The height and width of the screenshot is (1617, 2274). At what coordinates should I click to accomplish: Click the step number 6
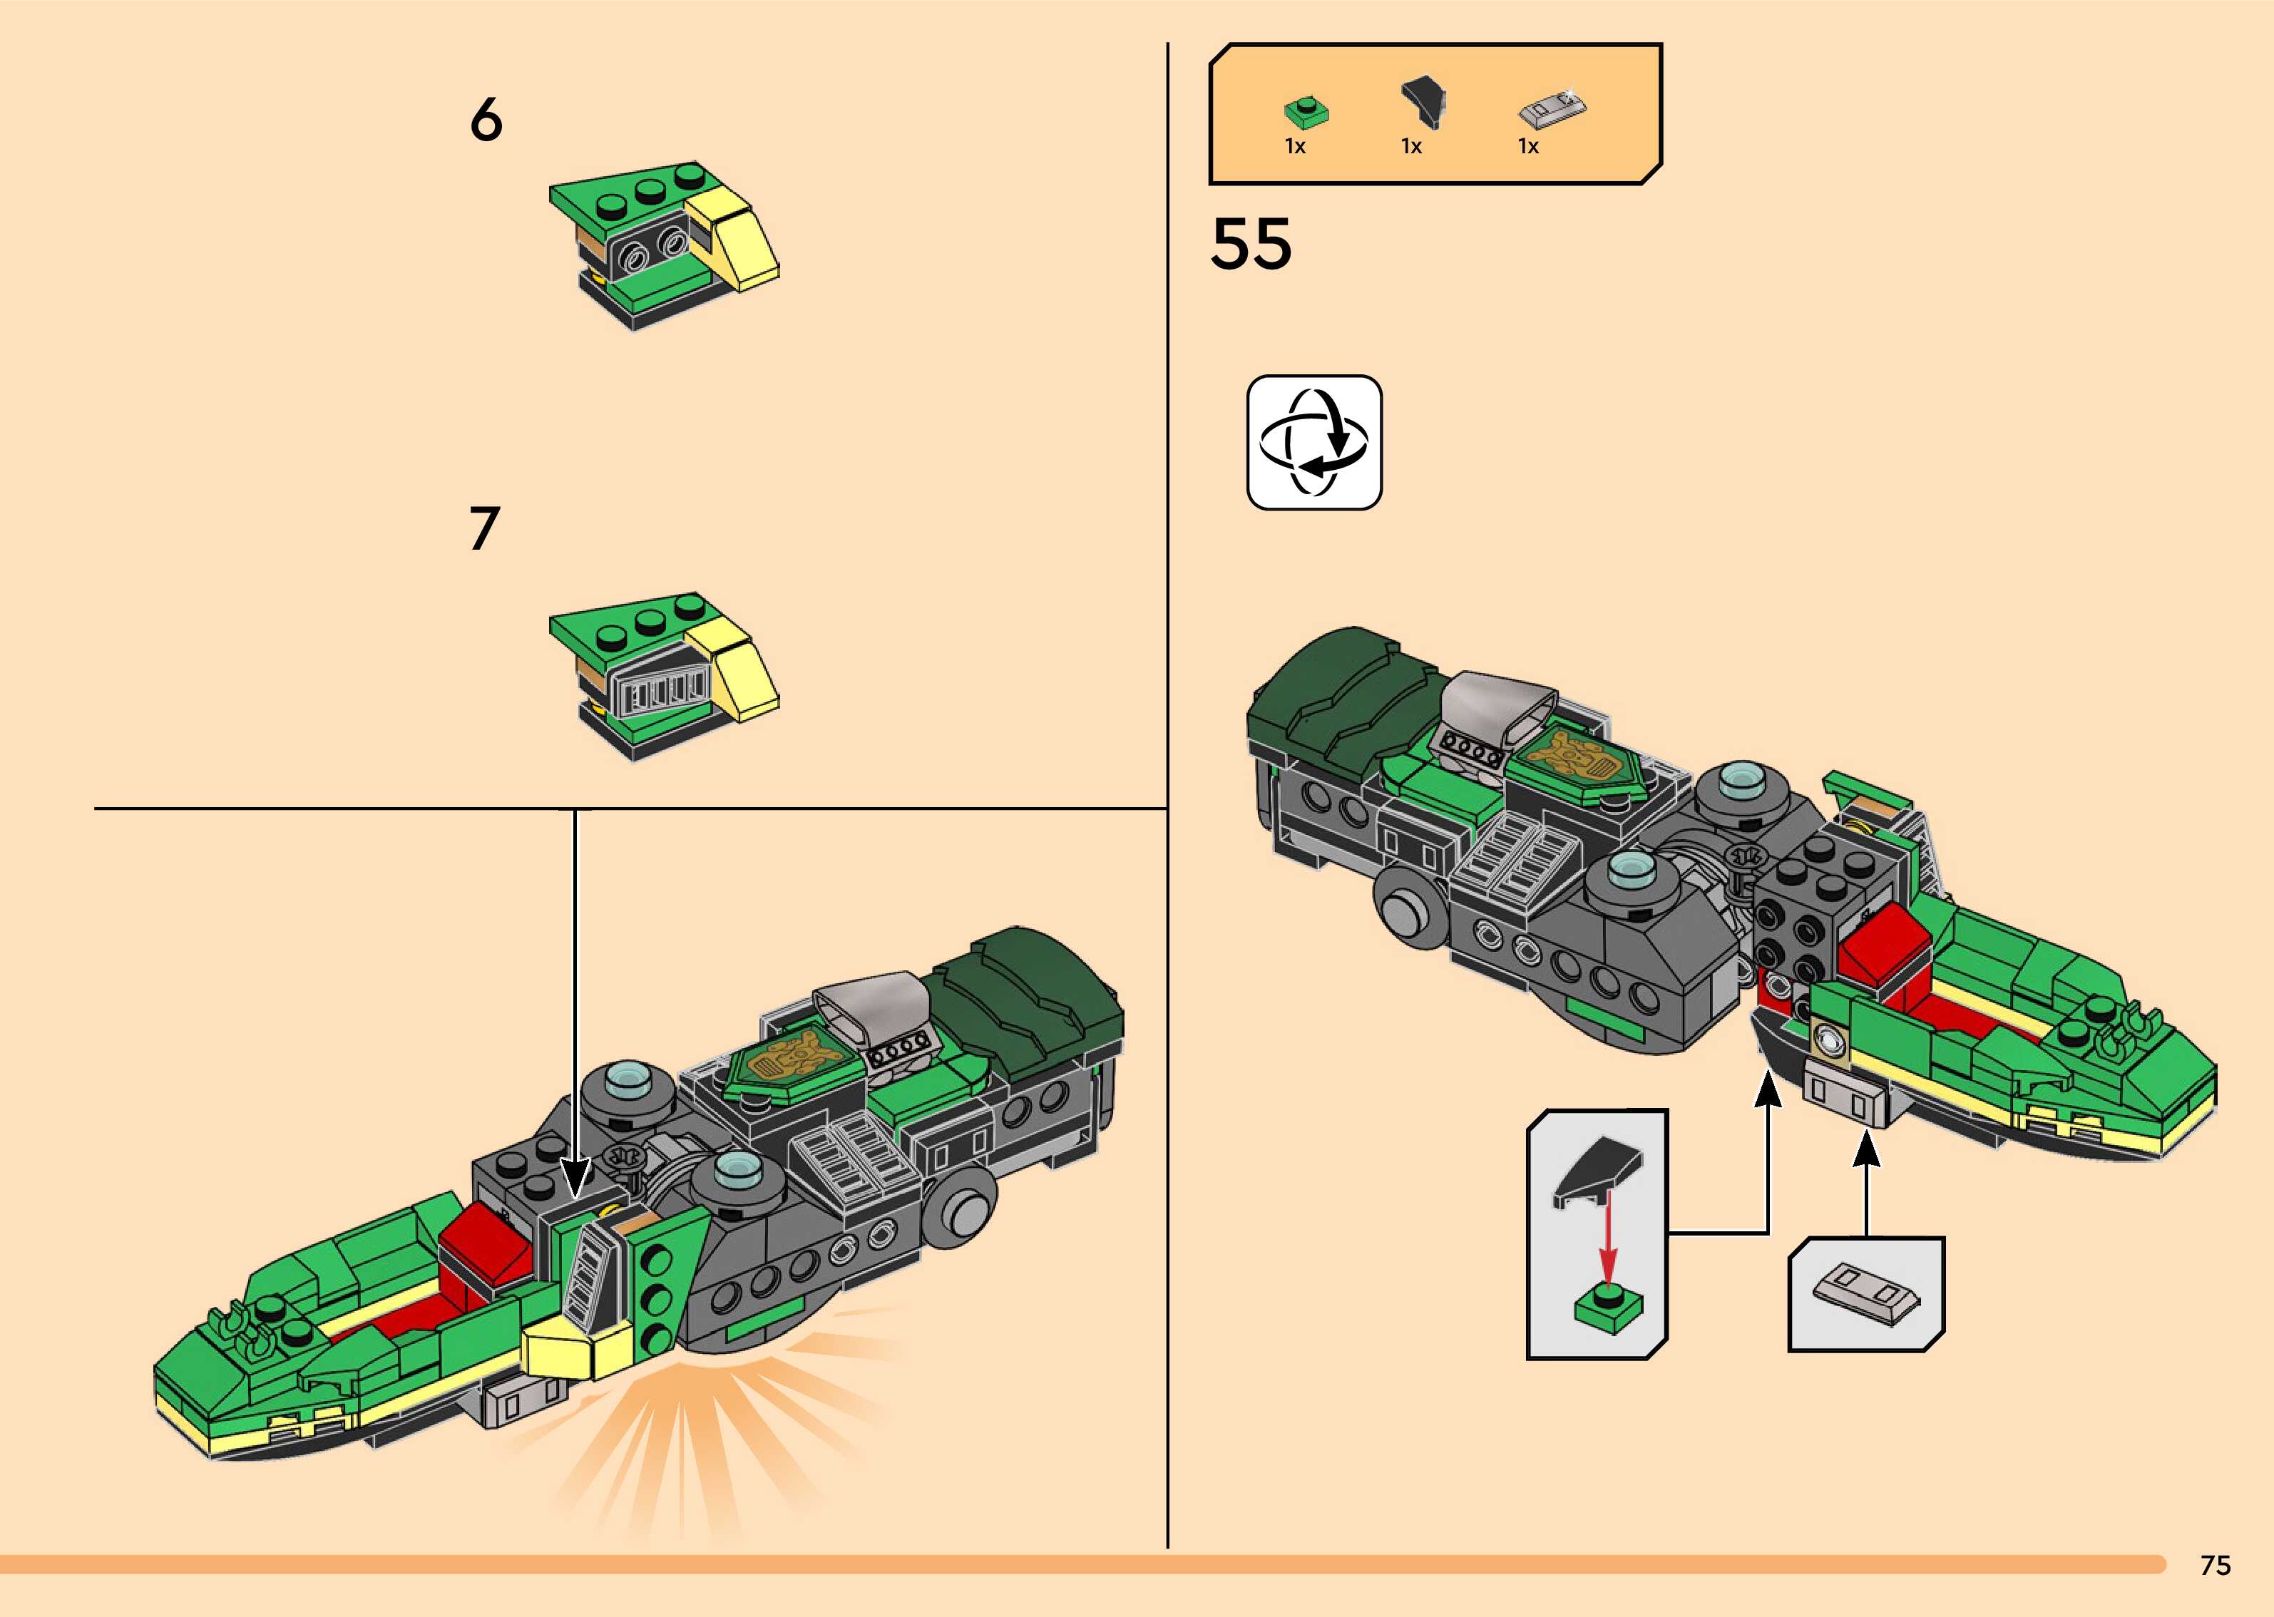(486, 120)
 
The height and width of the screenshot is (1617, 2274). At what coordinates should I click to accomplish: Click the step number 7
(484, 529)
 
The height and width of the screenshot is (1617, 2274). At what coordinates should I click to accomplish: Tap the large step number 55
(1251, 245)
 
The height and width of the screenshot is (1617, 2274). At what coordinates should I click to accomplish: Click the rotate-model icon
(1314, 443)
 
